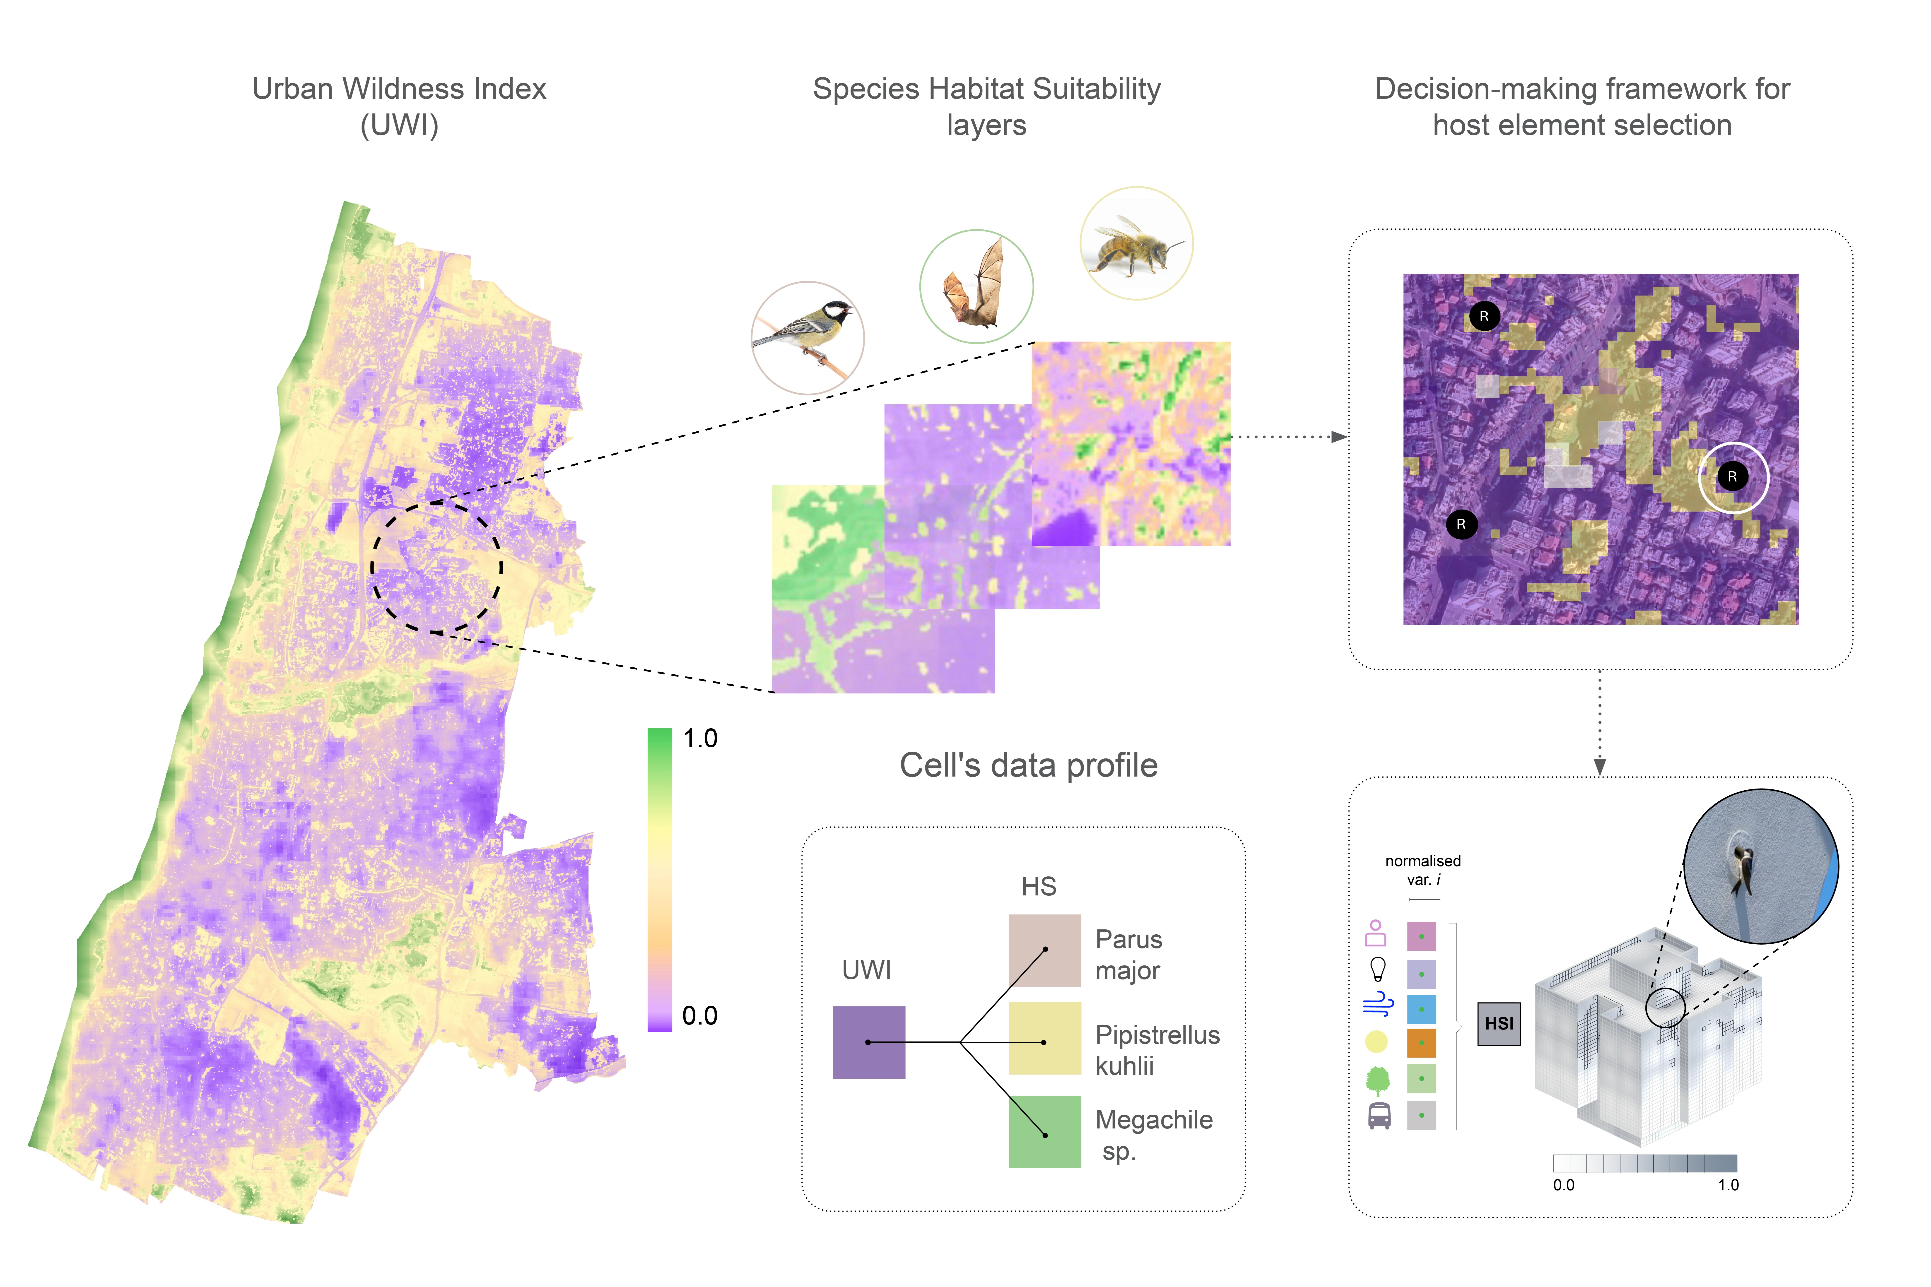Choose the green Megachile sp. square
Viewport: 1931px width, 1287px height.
point(1044,1131)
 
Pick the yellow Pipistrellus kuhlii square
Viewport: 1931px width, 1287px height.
point(1044,1038)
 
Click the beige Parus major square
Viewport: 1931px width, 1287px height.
point(1044,950)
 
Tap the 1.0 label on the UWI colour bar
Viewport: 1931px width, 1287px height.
point(700,739)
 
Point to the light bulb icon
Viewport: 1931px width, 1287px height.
point(1378,969)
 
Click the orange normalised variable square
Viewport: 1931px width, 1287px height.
point(1421,1042)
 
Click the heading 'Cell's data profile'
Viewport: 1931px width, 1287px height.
point(1029,765)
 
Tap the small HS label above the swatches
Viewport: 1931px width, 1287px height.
point(1039,886)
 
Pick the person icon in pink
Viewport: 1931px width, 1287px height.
point(1375,933)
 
